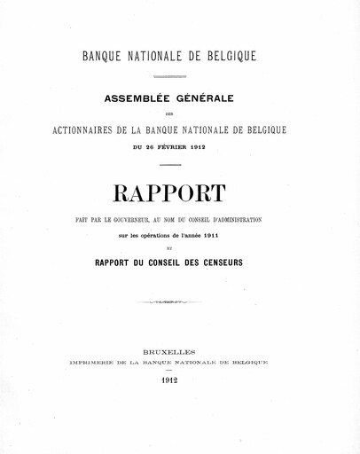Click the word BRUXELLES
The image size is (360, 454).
[181, 351]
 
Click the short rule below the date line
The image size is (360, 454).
[170, 165]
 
